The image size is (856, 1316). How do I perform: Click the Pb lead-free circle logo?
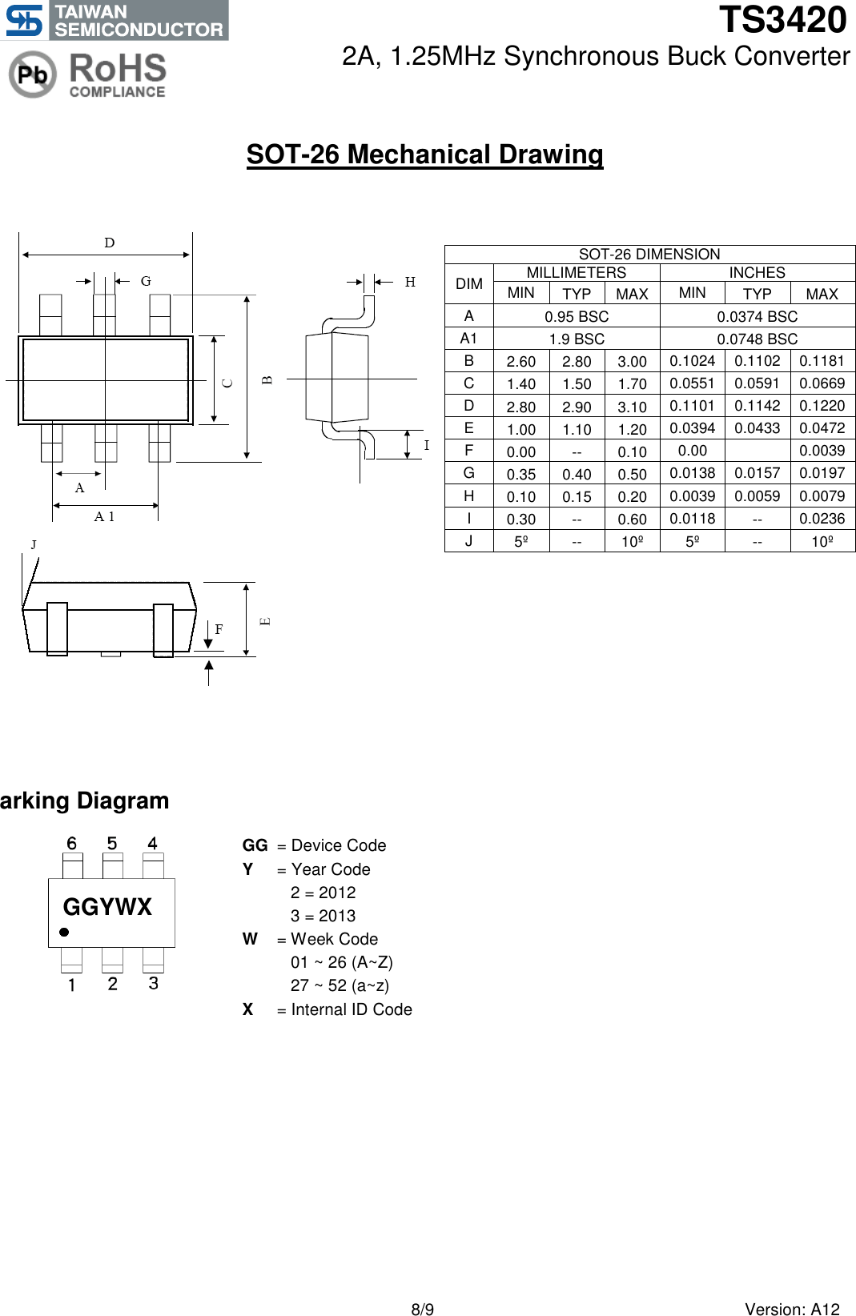tap(32, 74)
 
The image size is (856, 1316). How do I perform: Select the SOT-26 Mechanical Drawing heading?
tap(424, 154)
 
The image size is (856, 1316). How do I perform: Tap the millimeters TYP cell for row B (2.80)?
tap(577, 362)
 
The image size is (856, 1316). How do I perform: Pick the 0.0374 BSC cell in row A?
tap(757, 316)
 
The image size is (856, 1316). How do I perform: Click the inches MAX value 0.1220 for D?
tap(822, 406)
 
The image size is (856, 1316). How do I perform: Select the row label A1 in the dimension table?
tap(468, 339)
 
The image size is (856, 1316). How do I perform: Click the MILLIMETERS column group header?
tap(576, 273)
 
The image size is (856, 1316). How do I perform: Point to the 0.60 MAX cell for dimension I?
tap(632, 519)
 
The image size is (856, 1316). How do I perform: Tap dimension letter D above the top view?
tap(110, 243)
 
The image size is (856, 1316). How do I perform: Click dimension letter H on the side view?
tap(410, 282)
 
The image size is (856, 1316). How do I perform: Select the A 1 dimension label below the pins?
tap(104, 517)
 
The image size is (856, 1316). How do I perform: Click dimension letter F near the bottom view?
tap(219, 629)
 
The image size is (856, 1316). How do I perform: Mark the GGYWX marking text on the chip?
tap(107, 907)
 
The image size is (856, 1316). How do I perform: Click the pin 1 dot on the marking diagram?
tap(64, 932)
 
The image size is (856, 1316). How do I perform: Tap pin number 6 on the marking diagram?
tap(71, 843)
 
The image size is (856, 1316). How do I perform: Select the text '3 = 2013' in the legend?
tap(323, 916)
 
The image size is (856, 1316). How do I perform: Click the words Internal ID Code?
tap(352, 1009)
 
